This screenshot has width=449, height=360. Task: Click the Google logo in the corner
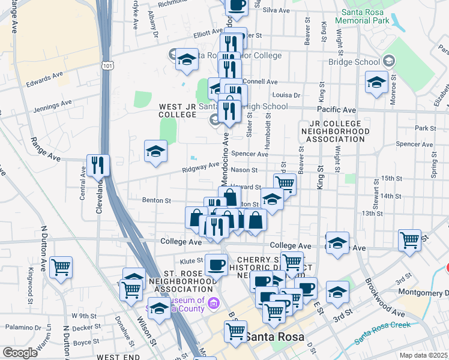click(x=20, y=353)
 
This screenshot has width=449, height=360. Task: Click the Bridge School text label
click(x=354, y=61)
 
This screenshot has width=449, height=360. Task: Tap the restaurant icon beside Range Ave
click(x=98, y=165)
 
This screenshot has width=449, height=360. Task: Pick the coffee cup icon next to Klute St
click(x=216, y=263)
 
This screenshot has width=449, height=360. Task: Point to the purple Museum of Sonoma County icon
click(x=214, y=304)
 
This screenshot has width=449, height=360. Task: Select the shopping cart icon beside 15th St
click(x=285, y=184)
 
